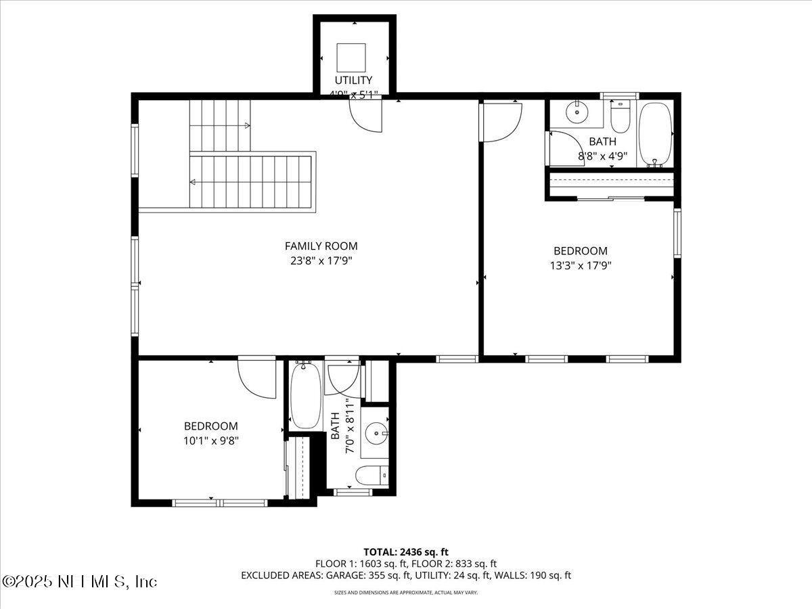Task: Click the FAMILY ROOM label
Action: point(321,246)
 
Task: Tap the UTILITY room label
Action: point(353,81)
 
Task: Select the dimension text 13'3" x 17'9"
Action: point(580,266)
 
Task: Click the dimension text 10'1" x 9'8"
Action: point(211,441)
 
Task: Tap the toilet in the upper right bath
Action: point(621,118)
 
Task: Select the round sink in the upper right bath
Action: point(577,112)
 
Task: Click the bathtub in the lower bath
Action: point(306,397)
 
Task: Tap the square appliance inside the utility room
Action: point(351,57)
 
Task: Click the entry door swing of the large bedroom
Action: point(501,122)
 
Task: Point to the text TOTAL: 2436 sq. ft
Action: point(406,551)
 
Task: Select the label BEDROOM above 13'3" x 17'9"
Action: point(580,251)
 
